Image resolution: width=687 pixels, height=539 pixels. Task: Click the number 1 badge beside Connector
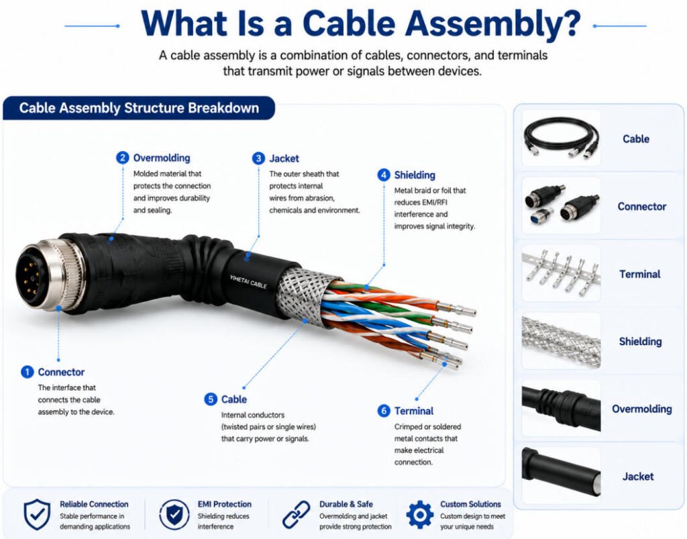click(27, 372)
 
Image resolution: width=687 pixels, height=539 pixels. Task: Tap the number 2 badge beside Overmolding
click(122, 158)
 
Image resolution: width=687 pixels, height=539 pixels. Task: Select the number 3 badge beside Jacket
click(258, 158)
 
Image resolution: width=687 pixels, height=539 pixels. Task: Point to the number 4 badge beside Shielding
click(384, 175)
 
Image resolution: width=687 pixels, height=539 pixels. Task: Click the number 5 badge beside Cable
click(211, 399)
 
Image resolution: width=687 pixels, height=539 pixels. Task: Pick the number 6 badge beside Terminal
click(384, 411)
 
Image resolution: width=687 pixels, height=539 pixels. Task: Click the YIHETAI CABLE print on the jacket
click(248, 281)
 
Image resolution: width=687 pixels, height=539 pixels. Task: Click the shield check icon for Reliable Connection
click(37, 514)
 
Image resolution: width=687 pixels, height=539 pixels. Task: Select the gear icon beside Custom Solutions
click(420, 514)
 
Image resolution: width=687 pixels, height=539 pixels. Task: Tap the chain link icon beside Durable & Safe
click(296, 514)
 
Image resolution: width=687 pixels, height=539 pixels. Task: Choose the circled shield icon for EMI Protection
click(174, 514)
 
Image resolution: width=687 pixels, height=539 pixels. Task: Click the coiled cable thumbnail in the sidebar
click(562, 138)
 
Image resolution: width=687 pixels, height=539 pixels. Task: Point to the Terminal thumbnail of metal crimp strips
click(562, 273)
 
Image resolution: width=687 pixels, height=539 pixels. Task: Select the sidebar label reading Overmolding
click(642, 409)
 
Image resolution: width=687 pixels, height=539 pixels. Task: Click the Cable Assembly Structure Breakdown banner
click(139, 108)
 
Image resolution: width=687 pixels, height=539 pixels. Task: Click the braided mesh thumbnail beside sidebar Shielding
click(562, 341)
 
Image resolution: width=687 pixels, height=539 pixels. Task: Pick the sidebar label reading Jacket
click(638, 477)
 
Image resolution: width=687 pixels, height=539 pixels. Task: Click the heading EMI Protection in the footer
click(224, 504)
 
